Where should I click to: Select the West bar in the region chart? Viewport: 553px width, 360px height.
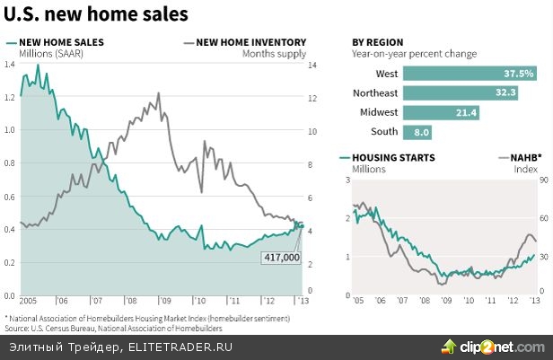pos(470,74)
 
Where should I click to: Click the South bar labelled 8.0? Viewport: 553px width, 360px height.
pos(417,132)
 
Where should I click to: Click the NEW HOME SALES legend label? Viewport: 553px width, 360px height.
pos(61,41)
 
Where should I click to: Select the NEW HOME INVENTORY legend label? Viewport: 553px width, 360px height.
pos(250,41)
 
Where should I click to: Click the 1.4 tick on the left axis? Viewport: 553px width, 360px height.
pos(9,65)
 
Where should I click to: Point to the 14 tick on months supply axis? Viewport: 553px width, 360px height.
pos(313,65)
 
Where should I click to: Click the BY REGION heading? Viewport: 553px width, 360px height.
pos(377,42)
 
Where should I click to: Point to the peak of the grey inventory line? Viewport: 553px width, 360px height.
pos(159,92)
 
